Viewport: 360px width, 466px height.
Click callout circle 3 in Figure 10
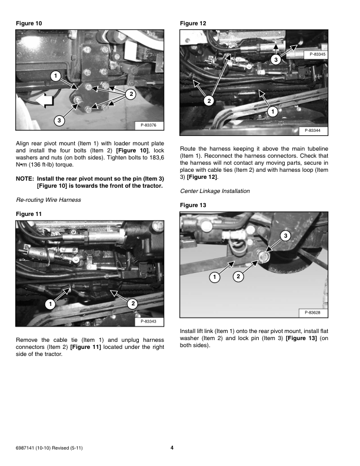(58, 121)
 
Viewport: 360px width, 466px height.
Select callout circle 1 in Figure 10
(54, 76)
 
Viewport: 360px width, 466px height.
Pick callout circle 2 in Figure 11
(132, 303)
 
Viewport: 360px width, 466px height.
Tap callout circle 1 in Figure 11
(51, 304)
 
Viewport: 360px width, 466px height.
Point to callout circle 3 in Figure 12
(275, 60)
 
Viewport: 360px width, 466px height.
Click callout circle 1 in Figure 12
(272, 111)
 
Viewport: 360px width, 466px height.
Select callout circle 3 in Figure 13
(285, 236)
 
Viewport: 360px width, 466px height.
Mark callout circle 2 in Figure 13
(238, 276)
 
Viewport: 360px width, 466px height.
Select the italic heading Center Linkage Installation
(215, 191)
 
